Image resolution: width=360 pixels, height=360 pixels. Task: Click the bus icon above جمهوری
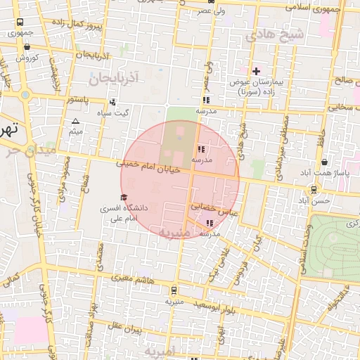point(19,22)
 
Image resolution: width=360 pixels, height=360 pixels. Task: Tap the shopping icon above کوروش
point(27,48)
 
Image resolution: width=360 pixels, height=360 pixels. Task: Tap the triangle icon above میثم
point(76,122)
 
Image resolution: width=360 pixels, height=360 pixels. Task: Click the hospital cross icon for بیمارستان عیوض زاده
point(255,71)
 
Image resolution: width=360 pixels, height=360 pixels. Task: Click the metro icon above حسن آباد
point(314,188)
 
